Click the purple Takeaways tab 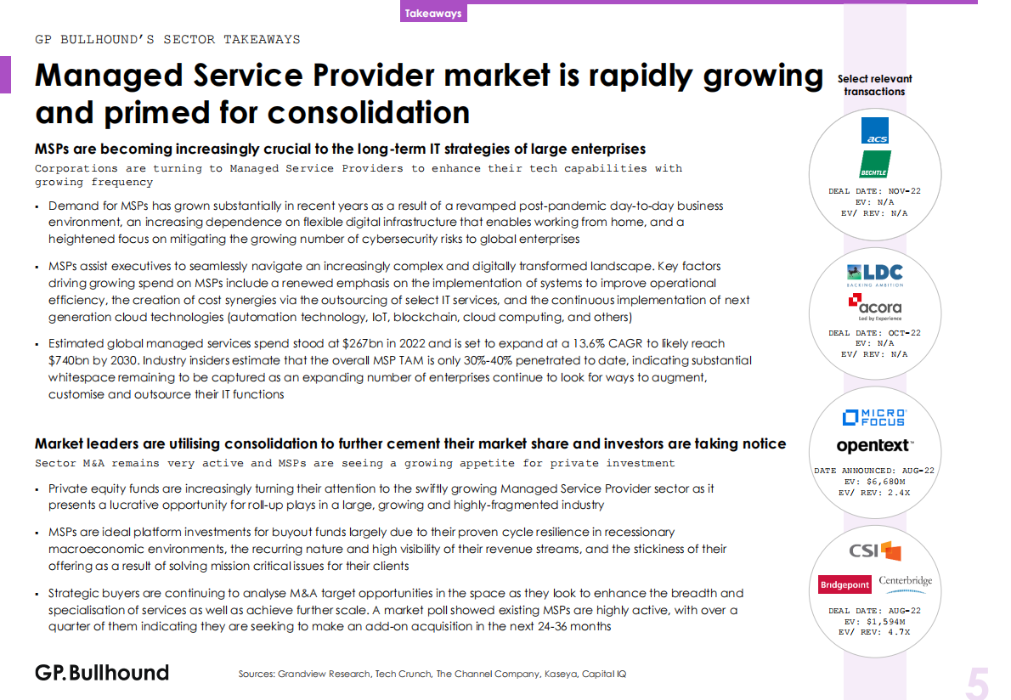(x=433, y=14)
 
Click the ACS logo (x=874, y=132)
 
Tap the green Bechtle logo (x=874, y=164)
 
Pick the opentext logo (x=874, y=445)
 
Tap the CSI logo (x=874, y=551)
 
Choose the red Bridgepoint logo (x=844, y=584)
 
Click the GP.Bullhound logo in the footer (x=102, y=673)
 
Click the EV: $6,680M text (x=874, y=481)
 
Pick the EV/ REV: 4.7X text (x=874, y=632)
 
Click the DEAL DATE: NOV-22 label (x=874, y=191)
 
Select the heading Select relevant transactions (x=874, y=85)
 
